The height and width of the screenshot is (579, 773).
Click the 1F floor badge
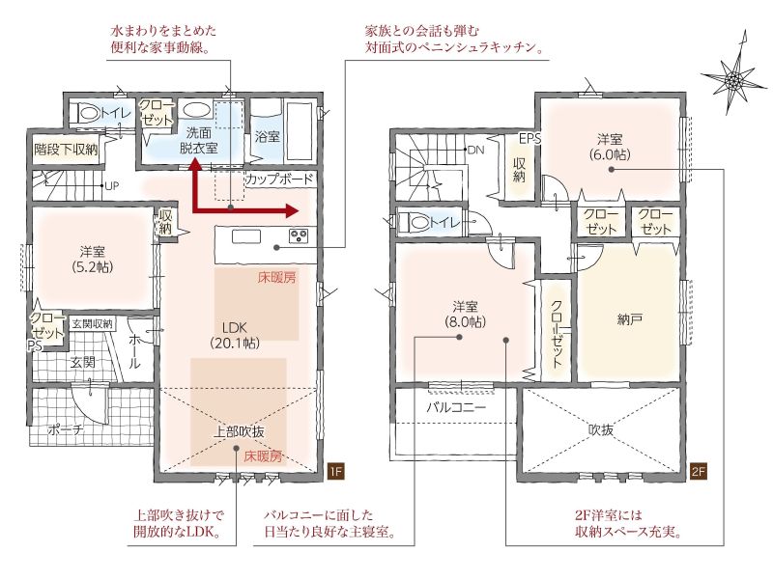click(x=335, y=471)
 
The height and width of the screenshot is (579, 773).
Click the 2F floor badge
click(x=699, y=471)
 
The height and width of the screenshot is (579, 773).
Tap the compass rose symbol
click(x=734, y=77)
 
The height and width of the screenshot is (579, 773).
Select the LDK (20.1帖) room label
click(x=235, y=335)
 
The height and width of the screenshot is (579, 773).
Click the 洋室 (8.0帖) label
click(x=465, y=315)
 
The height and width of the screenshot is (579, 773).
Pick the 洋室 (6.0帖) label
click(x=610, y=147)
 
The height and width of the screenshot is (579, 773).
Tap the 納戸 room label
click(x=629, y=319)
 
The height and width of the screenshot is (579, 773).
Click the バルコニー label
click(x=456, y=407)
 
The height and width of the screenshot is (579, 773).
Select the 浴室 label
click(x=268, y=136)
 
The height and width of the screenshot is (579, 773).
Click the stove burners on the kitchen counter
click(x=299, y=235)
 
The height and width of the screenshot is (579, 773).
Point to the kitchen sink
click(x=246, y=236)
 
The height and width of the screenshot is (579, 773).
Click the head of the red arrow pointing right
click(x=292, y=211)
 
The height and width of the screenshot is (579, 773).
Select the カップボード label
click(x=279, y=179)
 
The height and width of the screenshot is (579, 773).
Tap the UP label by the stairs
click(x=112, y=186)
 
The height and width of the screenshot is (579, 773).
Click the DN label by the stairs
click(x=475, y=150)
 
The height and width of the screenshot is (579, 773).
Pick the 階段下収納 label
click(x=66, y=149)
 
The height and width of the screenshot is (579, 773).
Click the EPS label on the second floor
click(x=530, y=139)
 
